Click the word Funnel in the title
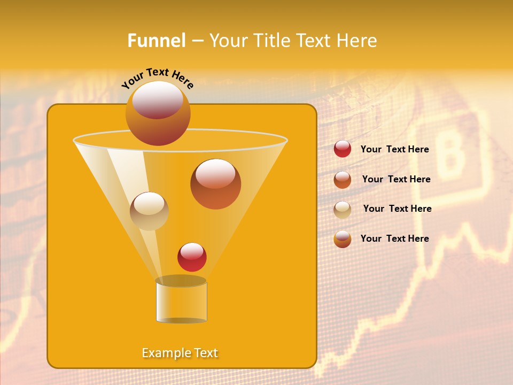click(x=157, y=41)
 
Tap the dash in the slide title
click(x=197, y=41)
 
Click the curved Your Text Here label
click(x=158, y=79)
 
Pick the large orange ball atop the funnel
click(x=158, y=113)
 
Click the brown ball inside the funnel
click(x=215, y=184)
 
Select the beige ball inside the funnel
click(x=149, y=211)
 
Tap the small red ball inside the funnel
click(x=192, y=257)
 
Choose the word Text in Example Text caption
click(x=205, y=353)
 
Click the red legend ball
click(x=343, y=149)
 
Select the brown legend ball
click(x=343, y=180)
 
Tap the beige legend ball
click(x=343, y=210)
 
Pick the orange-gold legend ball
click(x=343, y=239)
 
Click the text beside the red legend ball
click(x=394, y=150)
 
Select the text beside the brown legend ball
click(x=396, y=180)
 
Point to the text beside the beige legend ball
click(x=397, y=209)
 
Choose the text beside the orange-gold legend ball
click(x=394, y=238)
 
